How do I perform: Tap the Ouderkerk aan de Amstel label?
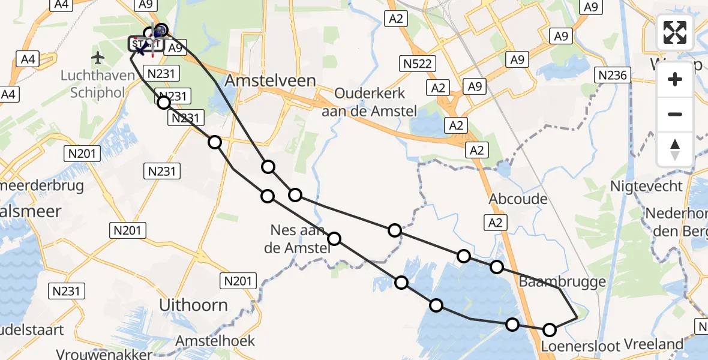click(370, 102)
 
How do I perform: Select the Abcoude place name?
click(518, 199)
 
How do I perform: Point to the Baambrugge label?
click(562, 281)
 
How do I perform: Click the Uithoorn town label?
click(193, 305)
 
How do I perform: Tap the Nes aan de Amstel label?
click(298, 238)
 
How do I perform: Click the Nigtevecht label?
click(646, 186)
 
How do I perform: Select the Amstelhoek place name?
click(215, 341)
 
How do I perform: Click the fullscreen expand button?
click(675, 32)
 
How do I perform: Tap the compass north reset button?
click(675, 149)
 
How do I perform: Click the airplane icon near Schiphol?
click(98, 58)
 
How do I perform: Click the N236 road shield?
click(613, 75)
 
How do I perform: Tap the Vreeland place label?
click(653, 344)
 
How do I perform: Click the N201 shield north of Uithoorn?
click(239, 280)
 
